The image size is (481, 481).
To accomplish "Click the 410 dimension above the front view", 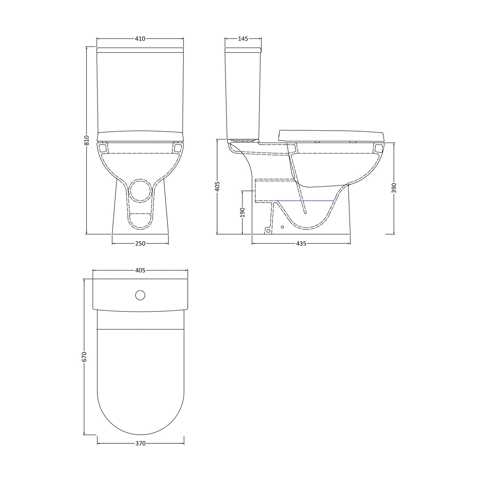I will [140, 39].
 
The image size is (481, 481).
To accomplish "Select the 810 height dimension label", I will [87, 140].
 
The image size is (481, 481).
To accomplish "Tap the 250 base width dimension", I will [140, 244].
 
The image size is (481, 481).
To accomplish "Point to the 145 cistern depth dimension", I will [243, 39].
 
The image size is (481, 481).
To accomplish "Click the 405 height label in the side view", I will [217, 186].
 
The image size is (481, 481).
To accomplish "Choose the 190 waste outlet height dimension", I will [242, 212].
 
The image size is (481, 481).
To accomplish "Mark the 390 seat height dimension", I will [394, 188].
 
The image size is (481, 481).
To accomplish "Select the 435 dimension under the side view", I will [301, 244].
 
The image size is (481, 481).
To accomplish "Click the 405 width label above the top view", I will [140, 271].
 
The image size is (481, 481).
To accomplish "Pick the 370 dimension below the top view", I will [140, 443].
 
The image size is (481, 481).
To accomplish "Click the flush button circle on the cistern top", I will [140, 295].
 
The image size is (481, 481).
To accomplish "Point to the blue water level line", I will [305, 201].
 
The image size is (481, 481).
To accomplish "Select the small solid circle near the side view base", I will [282, 227].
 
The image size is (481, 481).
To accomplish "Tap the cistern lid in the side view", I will [243, 50].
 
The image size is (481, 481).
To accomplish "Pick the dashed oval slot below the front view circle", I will [140, 219].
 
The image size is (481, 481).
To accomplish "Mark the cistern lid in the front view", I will [140, 50].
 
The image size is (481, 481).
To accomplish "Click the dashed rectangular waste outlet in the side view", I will [275, 190].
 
